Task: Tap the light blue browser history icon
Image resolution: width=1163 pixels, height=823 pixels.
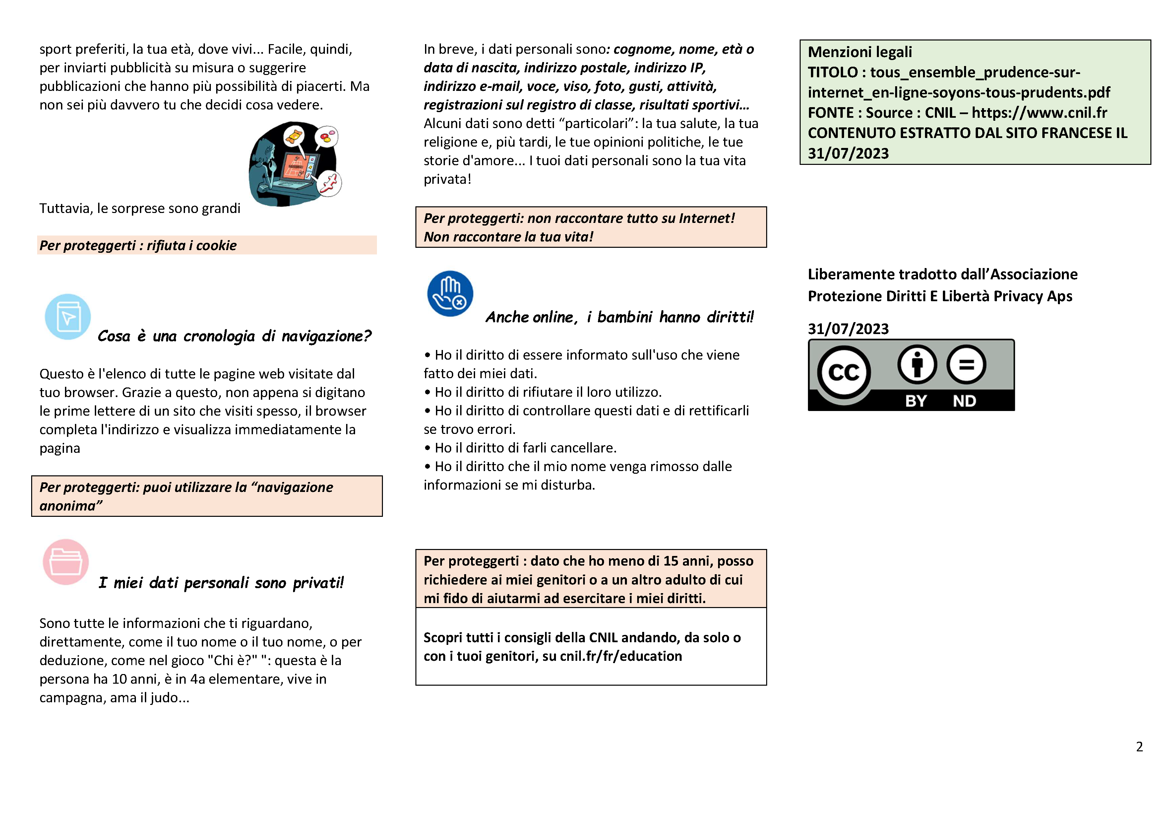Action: tap(68, 317)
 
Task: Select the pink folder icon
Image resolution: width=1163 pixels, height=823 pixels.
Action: tap(66, 562)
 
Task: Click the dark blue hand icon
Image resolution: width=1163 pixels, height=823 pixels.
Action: tap(450, 294)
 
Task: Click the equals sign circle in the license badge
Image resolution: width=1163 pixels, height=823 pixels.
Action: tap(966, 364)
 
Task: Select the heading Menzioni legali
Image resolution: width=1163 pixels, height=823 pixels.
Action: tap(860, 52)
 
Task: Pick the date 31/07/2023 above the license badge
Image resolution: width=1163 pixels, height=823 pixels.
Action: tap(848, 329)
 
